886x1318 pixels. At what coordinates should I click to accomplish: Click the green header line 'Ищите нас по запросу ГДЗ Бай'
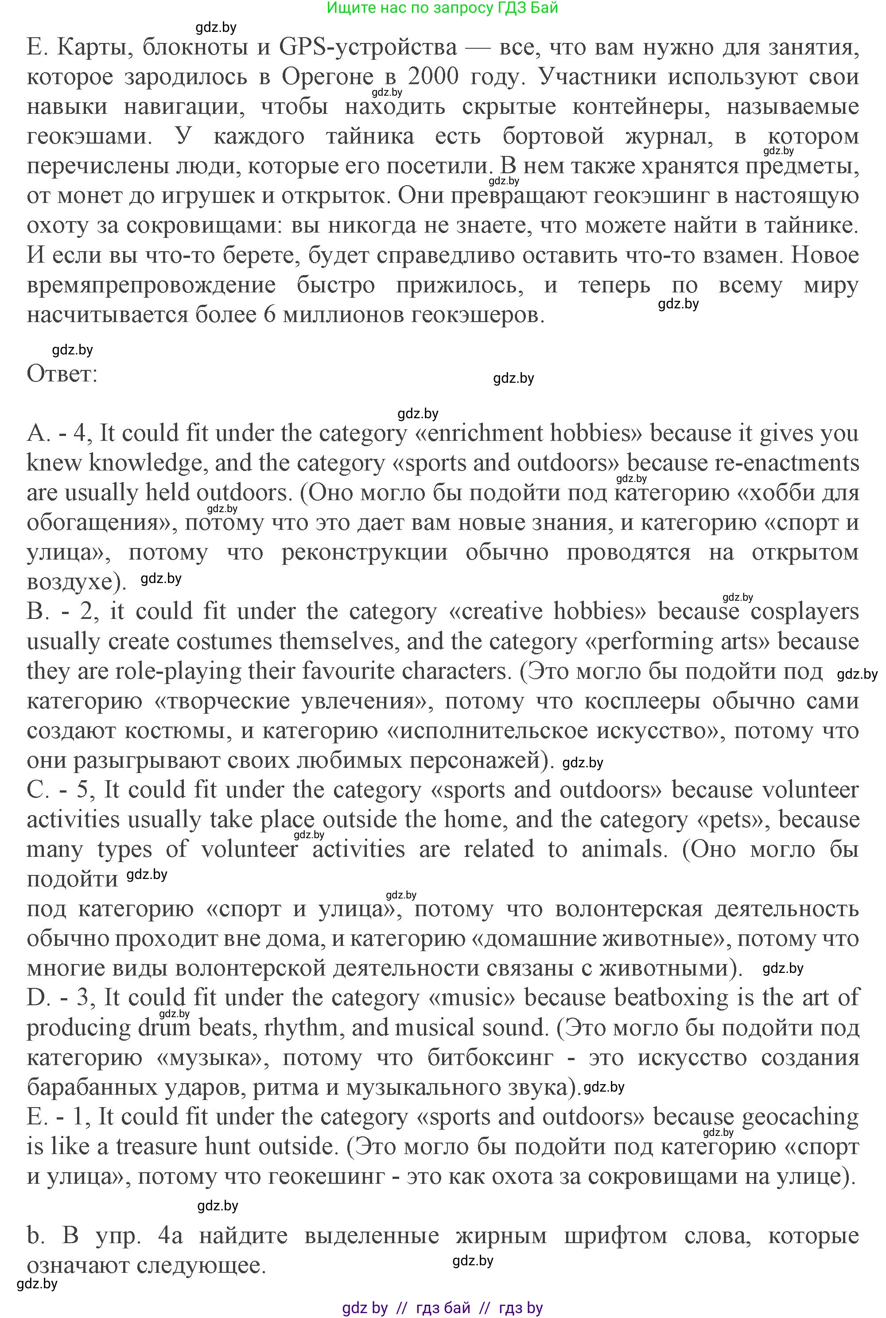coord(443,8)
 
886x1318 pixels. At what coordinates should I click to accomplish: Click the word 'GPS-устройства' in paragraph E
coord(367,47)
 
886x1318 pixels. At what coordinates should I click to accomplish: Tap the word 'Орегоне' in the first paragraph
coord(328,77)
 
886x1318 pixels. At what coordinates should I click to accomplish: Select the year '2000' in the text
coord(433,77)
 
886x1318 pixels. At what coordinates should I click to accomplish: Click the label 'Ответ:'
coord(62,374)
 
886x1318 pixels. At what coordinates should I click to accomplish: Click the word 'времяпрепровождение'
coord(151,285)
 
